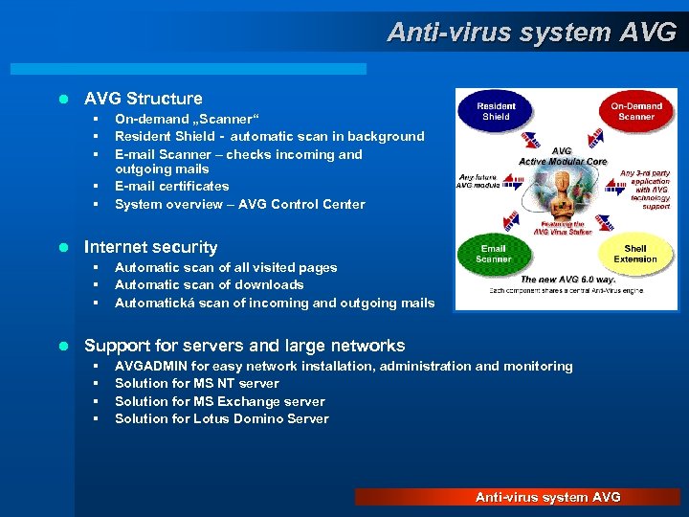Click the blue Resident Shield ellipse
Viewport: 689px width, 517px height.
pos(496,112)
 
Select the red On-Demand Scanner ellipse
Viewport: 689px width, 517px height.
pos(636,112)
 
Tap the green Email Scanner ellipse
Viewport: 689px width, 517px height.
pos(494,254)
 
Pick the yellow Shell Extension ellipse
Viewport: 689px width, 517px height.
pos(635,254)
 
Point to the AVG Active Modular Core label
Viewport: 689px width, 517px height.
pos(563,156)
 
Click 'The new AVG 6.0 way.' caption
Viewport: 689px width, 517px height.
pos(566,279)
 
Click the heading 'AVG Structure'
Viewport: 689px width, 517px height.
pos(144,99)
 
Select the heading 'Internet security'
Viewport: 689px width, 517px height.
pos(151,247)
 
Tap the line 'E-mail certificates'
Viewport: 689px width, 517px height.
pos(172,186)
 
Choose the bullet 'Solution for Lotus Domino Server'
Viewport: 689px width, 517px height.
pos(221,418)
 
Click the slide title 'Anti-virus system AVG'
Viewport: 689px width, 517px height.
pos(531,33)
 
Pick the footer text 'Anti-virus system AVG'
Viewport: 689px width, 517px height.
pos(548,497)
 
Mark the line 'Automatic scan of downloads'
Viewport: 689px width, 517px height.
pos(209,284)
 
